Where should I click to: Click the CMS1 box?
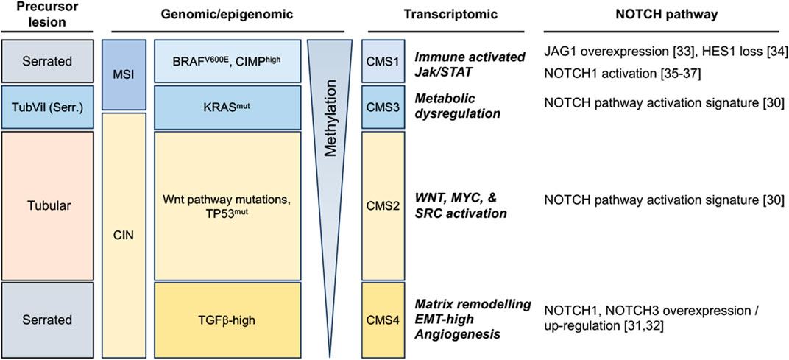click(x=383, y=61)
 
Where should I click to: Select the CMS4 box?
click(x=383, y=320)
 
